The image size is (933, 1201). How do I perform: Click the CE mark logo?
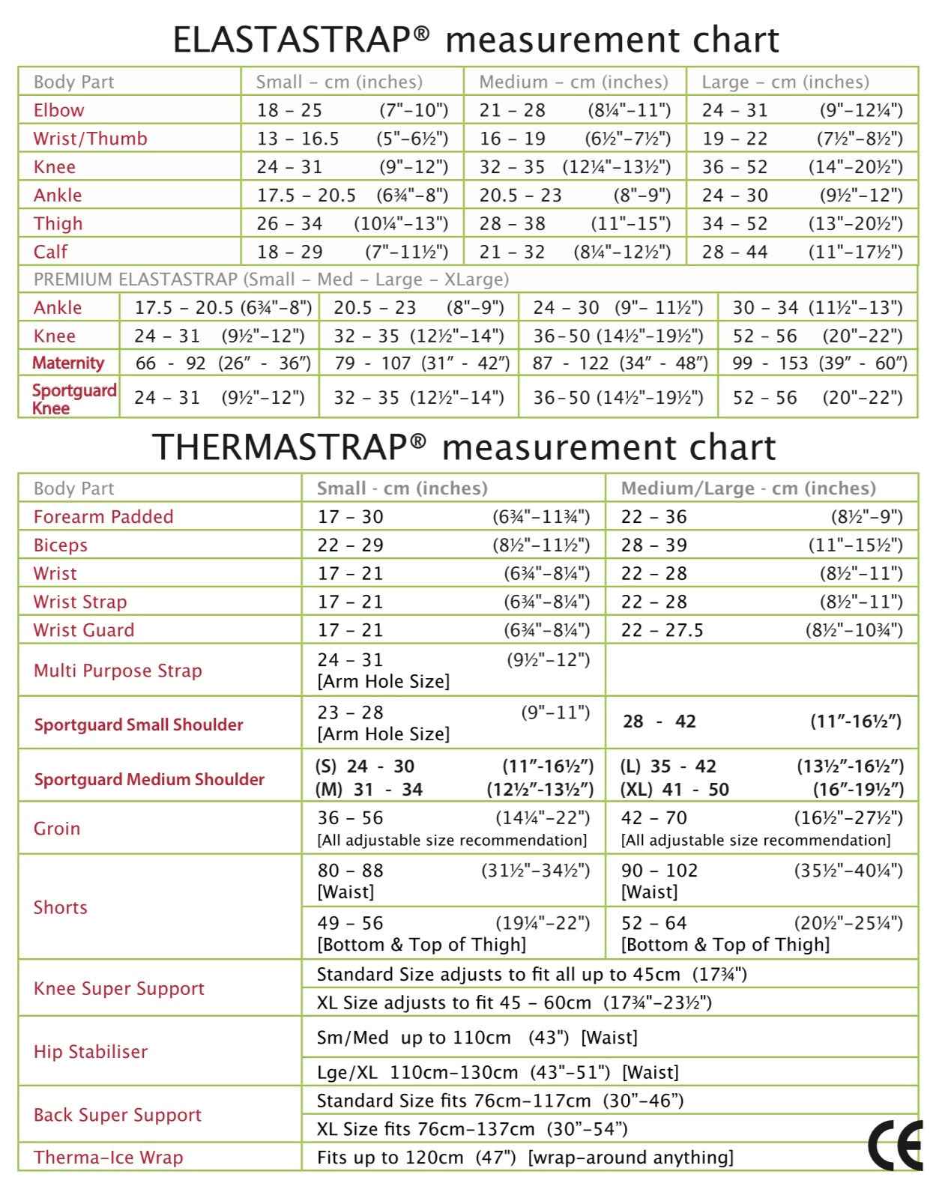pos(896,1146)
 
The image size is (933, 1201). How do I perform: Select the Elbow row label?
pos(58,110)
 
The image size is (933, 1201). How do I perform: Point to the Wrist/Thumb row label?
pos(90,139)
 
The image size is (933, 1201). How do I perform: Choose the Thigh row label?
pos(58,223)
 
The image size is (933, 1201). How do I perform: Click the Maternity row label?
pos(68,363)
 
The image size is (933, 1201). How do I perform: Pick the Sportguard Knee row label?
pos(73,399)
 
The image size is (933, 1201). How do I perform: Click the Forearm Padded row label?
pos(103,517)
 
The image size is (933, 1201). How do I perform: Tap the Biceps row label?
pos(60,545)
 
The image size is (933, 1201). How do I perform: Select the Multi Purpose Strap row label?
pos(118,671)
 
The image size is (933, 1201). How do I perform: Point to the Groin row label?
pos(56,828)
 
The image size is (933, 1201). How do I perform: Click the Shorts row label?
pos(60,907)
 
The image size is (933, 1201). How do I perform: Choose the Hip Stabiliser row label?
pos(90,1051)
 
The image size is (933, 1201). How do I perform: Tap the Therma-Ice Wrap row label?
pos(108,1158)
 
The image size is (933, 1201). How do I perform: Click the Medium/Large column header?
pos(748,488)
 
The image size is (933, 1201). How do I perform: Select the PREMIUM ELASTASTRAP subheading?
pos(271,279)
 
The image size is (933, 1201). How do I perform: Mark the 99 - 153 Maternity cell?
pos(820,364)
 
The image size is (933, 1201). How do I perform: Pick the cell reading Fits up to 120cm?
pos(525,1158)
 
